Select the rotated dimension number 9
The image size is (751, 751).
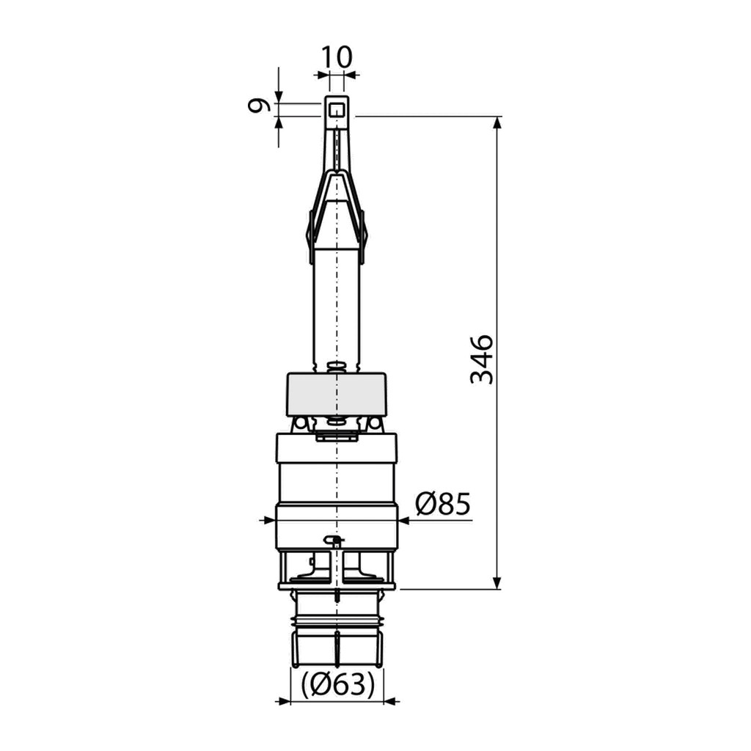tap(258, 106)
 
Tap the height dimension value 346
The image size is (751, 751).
tap(481, 359)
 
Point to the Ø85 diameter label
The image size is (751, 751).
tap(443, 503)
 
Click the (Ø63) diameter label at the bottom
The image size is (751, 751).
tap(337, 685)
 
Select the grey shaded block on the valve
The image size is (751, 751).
tap(336, 395)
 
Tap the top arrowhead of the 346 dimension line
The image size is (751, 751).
tap(497, 122)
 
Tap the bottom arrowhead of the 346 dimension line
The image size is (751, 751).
tap(497, 582)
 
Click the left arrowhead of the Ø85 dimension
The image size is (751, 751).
tap(269, 520)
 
